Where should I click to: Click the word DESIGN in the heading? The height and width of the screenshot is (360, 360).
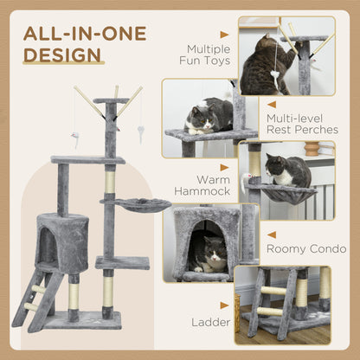(x=63, y=56)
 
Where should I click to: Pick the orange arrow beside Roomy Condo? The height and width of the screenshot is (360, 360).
(x=271, y=234)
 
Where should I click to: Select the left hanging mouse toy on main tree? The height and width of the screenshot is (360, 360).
(x=75, y=139)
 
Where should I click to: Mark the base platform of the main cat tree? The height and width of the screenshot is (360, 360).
(x=81, y=320)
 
